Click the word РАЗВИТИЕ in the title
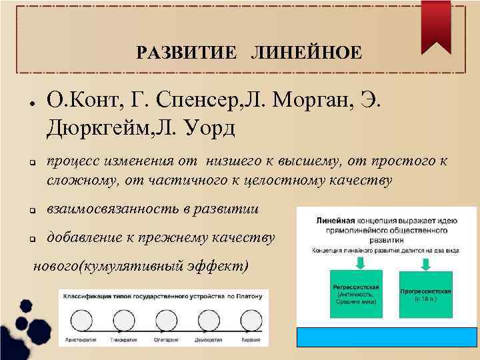tap(186, 52)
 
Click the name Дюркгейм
tap(99, 126)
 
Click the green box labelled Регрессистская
tap(355, 293)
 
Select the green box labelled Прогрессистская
tap(427, 293)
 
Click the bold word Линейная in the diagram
tap(334, 217)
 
